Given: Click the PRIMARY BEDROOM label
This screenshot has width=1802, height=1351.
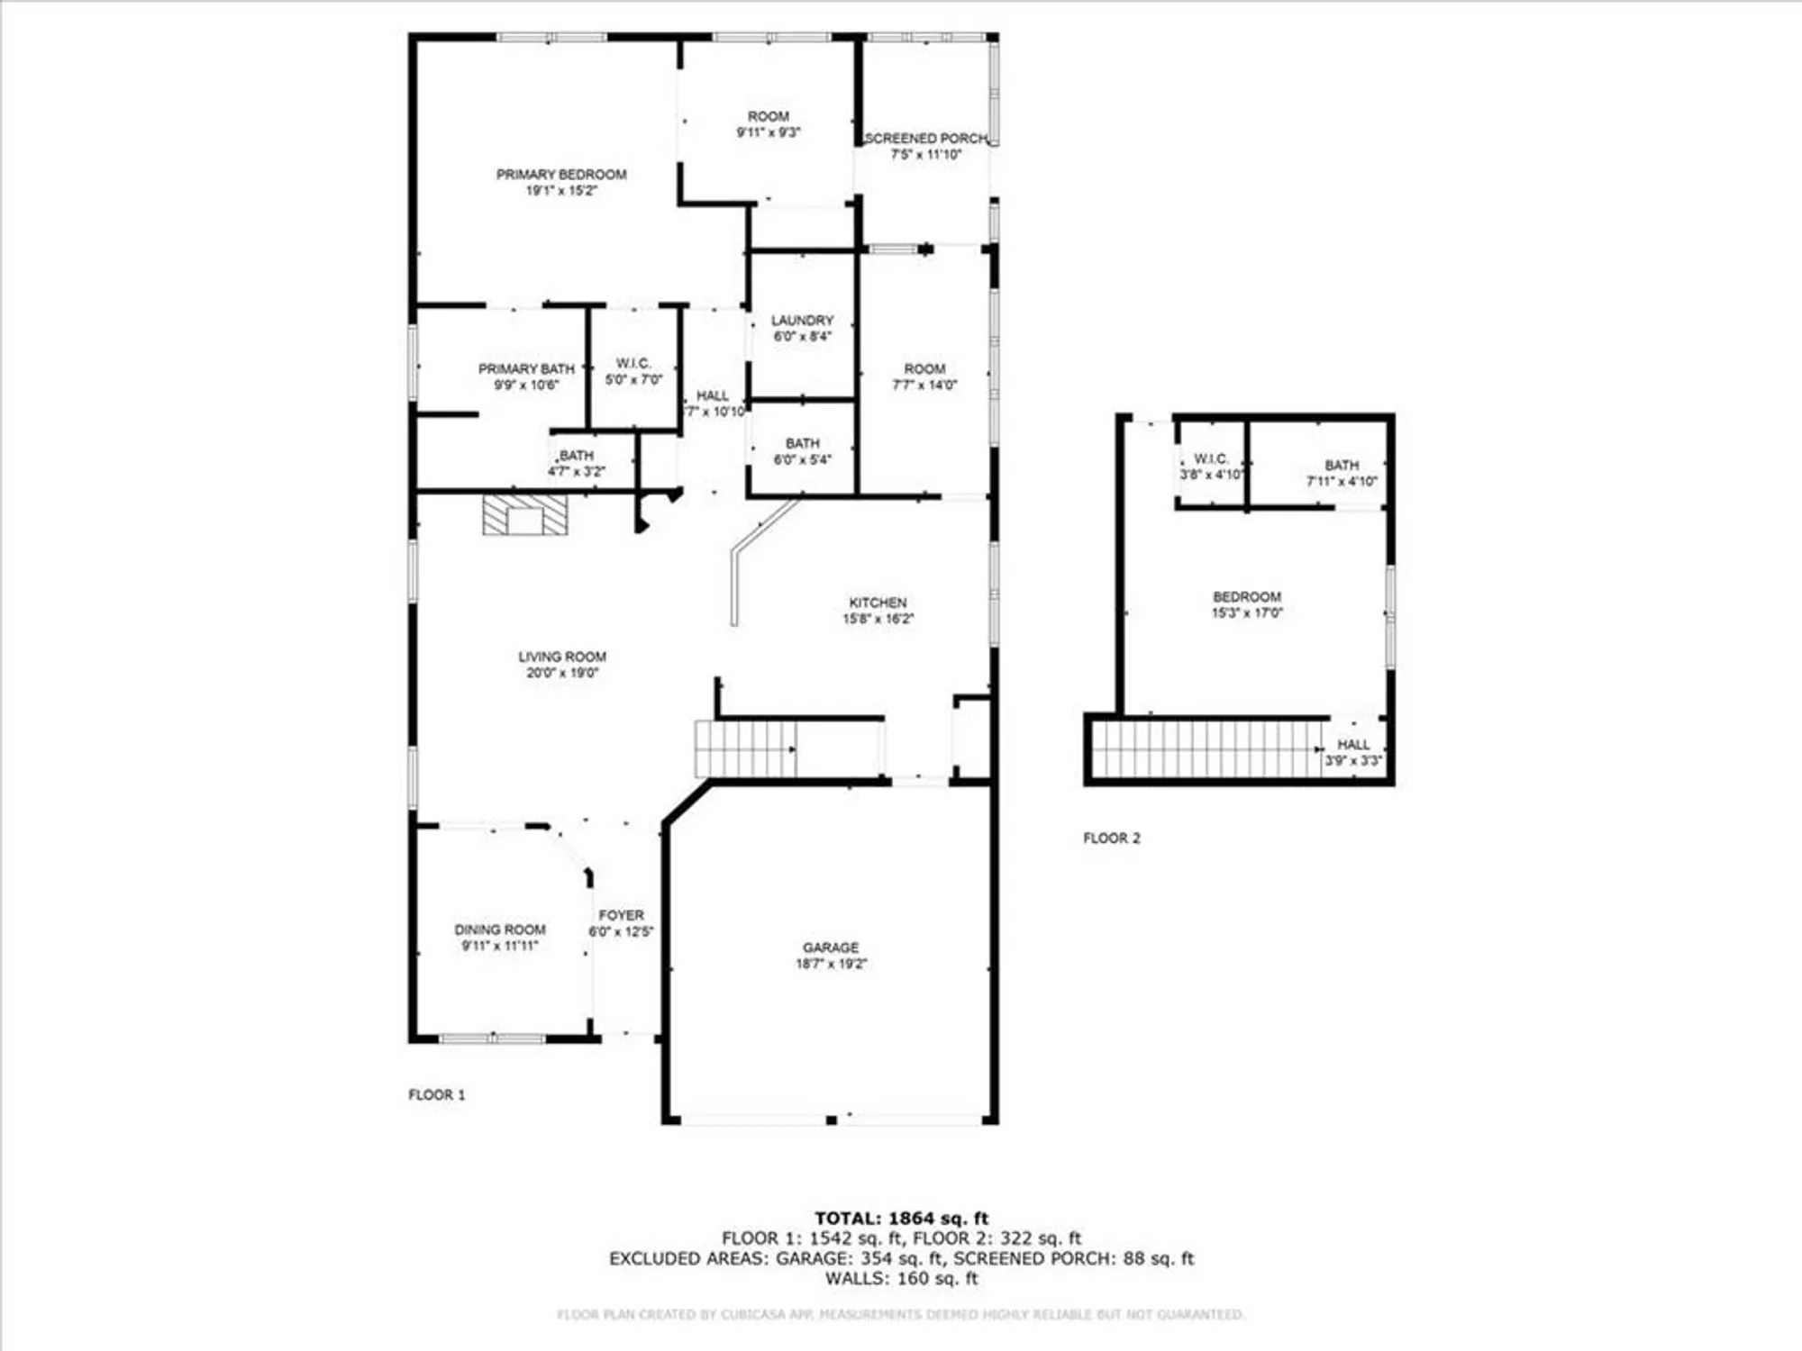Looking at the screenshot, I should click(x=561, y=174).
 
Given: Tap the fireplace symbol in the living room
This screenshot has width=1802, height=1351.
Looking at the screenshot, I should click(x=525, y=515).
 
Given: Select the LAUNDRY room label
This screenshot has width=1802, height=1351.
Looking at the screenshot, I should click(x=802, y=321).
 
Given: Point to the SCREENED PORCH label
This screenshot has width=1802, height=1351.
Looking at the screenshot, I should click(x=925, y=139).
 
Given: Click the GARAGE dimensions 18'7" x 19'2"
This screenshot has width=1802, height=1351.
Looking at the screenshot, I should click(x=831, y=964).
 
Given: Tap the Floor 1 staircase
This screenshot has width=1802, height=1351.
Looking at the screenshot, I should click(x=745, y=748).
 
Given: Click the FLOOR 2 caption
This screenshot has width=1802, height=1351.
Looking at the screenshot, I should click(x=1111, y=838).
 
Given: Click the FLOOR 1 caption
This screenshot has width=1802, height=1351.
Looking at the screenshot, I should click(x=436, y=1094).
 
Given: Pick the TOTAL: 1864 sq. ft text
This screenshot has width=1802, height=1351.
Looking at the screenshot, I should click(x=901, y=1219).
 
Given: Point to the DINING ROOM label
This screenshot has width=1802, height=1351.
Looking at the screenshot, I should click(x=499, y=929).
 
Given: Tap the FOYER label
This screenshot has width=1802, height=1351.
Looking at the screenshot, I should click(x=621, y=915).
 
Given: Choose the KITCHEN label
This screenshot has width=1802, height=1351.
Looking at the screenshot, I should click(x=878, y=603).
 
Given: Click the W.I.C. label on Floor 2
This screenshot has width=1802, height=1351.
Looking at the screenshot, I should click(x=1211, y=458).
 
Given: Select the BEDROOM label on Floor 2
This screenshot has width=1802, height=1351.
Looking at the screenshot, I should click(x=1246, y=597).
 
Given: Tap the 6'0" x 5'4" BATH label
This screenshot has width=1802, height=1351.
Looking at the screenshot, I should click(x=802, y=451).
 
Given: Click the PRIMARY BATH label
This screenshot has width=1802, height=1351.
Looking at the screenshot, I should click(x=526, y=369).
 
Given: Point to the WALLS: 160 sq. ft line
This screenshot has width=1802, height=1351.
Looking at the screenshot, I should click(x=901, y=1278).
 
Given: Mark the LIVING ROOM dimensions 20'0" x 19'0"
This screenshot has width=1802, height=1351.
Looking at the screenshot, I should click(x=562, y=673).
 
